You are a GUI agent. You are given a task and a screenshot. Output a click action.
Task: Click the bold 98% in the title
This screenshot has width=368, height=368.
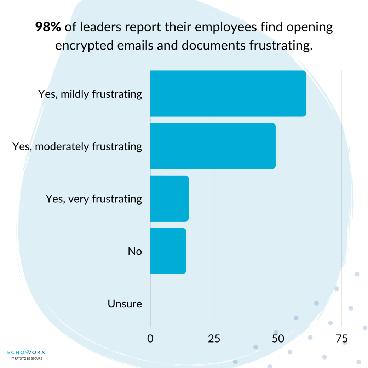pyautogui.click(x=48, y=28)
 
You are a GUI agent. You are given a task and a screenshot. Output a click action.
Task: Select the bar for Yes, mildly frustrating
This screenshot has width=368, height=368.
pyautogui.click(x=228, y=93)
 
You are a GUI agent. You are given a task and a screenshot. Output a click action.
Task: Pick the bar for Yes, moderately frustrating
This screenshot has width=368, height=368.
pyautogui.click(x=213, y=146)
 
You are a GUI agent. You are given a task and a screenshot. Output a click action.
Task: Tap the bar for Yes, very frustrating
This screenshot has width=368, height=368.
pyautogui.click(x=169, y=198)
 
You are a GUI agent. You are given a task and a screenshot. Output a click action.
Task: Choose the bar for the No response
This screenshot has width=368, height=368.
pyautogui.click(x=168, y=251)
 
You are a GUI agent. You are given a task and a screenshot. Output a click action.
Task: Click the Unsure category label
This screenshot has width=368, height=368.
pyautogui.click(x=125, y=304)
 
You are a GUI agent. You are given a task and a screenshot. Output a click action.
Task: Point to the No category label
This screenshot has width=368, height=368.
pyautogui.click(x=135, y=251)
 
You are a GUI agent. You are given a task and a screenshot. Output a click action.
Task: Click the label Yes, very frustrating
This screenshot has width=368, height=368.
pyautogui.click(x=94, y=199)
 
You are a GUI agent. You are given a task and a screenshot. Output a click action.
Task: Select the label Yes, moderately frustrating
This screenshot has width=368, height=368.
pyautogui.click(x=77, y=146)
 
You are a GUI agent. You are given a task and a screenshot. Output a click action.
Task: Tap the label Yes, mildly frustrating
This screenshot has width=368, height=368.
pyautogui.click(x=90, y=94)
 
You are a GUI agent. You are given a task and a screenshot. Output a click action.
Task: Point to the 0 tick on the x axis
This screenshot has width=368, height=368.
pyautogui.click(x=150, y=339)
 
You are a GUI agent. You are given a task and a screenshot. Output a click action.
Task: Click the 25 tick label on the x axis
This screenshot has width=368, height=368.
pyautogui.click(x=214, y=339)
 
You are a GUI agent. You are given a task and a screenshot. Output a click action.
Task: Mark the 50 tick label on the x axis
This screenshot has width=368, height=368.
pyautogui.click(x=278, y=339)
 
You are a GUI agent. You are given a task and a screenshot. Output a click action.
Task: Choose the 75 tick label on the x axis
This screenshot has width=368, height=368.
pyautogui.click(x=341, y=339)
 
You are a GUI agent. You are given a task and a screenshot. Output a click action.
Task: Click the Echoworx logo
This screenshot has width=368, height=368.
pyautogui.click(x=27, y=352)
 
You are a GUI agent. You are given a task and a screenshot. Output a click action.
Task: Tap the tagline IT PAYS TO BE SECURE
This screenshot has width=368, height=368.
pyautogui.click(x=27, y=358)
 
